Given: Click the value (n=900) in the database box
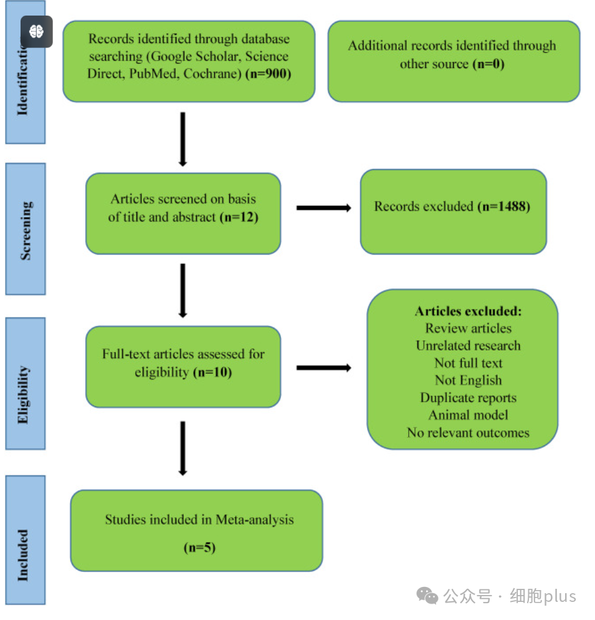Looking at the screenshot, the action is [269, 74].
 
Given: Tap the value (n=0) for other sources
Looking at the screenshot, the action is [488, 64].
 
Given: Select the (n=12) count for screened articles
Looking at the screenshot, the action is [239, 217].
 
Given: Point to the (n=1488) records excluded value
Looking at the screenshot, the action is [504, 206].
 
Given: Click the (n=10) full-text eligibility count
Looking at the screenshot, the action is [212, 372].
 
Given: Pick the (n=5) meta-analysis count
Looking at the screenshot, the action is [199, 548].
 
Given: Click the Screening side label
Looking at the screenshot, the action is [26, 231].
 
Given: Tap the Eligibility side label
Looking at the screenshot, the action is [23, 395].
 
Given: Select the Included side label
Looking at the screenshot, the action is [23, 555].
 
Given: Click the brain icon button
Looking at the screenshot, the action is [37, 32].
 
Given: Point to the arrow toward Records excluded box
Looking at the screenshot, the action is [324, 208].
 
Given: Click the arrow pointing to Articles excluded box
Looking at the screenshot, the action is [324, 368].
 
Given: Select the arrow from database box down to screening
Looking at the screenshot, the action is [183, 139].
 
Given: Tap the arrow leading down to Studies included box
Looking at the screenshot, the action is [183, 448].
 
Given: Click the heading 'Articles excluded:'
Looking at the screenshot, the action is [468, 312].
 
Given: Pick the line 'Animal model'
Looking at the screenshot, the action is [468, 415].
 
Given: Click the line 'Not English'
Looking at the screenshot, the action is [468, 380].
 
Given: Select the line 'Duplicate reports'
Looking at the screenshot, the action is [468, 398].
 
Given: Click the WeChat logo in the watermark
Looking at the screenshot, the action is [427, 596].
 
